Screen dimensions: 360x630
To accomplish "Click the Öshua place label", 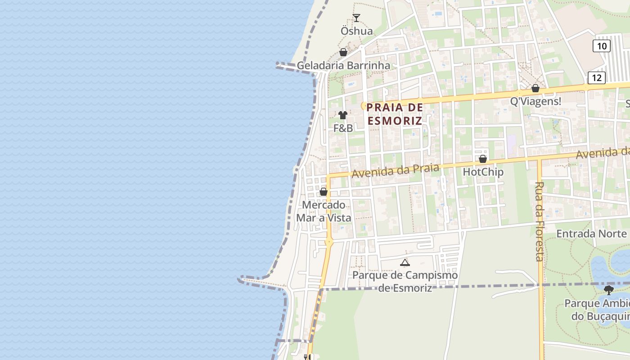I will [356, 31].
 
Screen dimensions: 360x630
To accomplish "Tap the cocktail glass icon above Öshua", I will [356, 18].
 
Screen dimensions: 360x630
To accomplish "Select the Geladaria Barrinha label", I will [343, 66].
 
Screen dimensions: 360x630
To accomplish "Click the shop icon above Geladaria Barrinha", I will [343, 52].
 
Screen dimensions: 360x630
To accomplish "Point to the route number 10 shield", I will [601, 45].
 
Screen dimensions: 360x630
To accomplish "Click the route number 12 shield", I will [597, 78].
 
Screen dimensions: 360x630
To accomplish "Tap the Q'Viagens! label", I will [535, 102].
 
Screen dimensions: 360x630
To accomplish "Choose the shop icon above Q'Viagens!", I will [535, 88].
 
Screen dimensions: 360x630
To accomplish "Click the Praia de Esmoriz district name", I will [395, 114].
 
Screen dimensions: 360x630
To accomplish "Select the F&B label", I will [343, 128].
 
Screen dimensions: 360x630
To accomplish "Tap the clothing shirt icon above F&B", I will [343, 115].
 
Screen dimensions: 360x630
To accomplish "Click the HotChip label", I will [483, 172].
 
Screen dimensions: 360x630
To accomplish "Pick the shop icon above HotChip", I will [483, 159].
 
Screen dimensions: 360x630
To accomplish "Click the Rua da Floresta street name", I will [540, 221].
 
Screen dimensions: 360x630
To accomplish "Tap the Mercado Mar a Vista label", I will [324, 211].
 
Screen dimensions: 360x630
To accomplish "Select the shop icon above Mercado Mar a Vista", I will [324, 192].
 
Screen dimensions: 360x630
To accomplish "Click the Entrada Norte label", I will [591, 234].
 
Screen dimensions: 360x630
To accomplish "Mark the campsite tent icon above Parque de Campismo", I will [405, 262].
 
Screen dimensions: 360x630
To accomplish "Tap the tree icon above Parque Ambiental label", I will [609, 290].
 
